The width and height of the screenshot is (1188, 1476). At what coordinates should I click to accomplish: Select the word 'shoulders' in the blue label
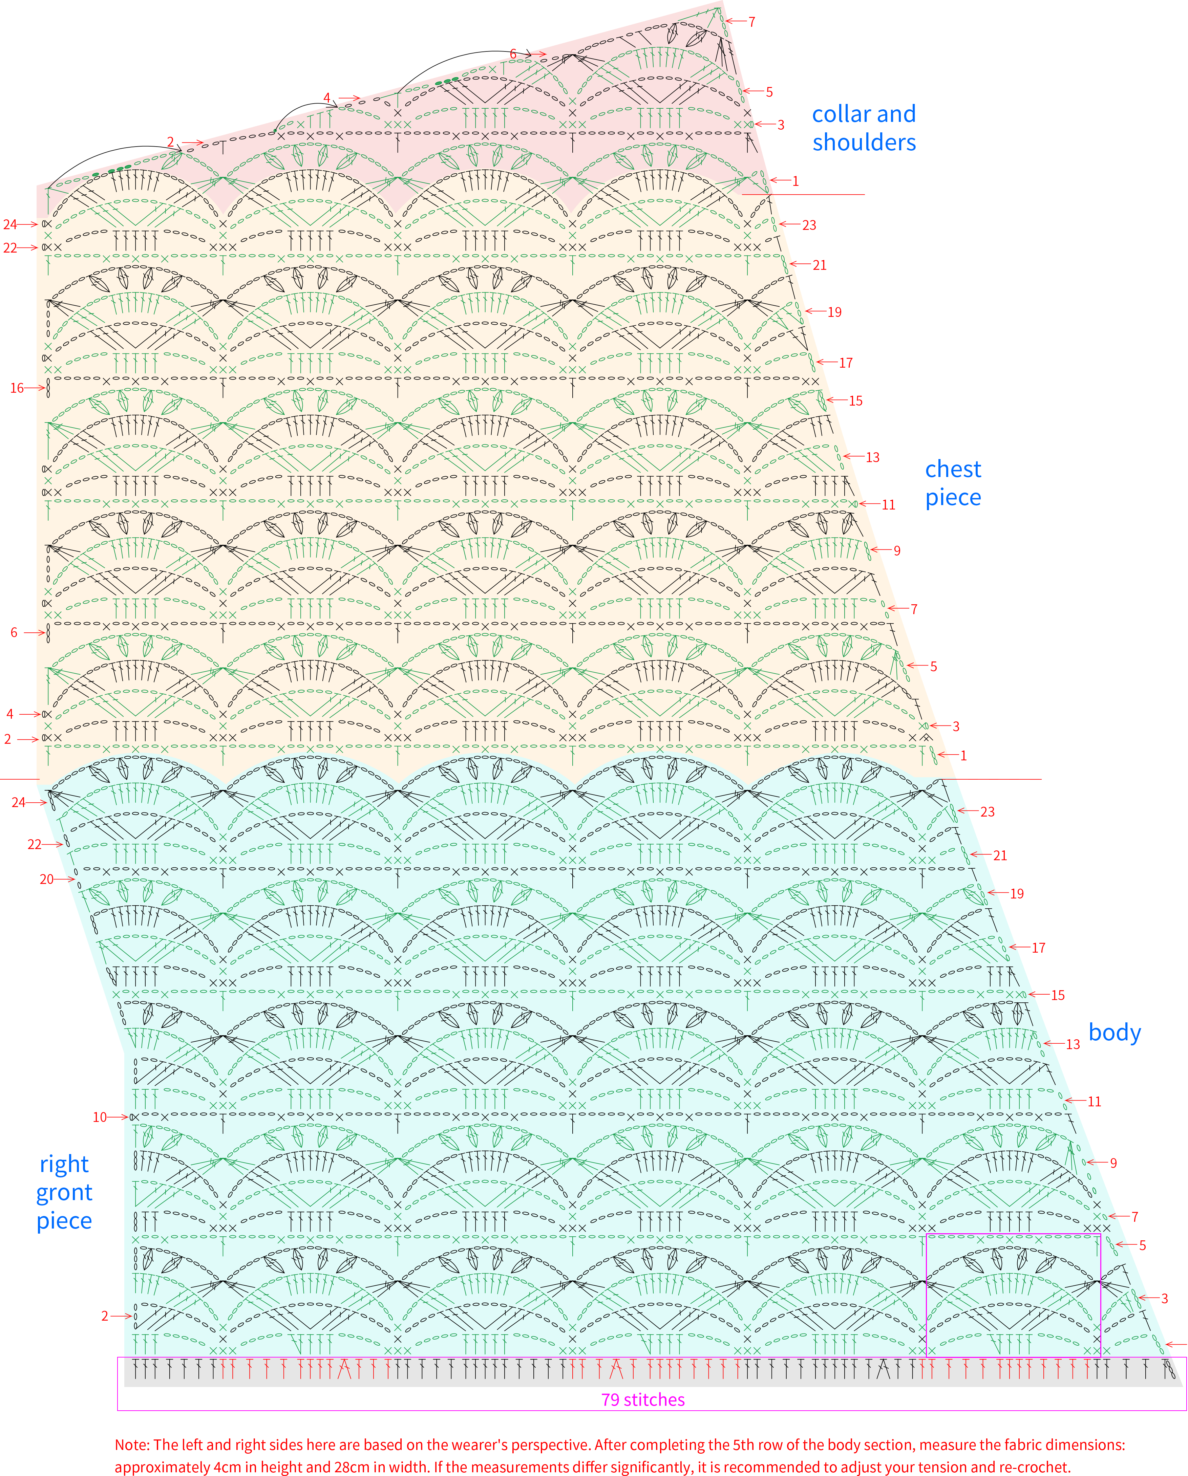[x=864, y=143]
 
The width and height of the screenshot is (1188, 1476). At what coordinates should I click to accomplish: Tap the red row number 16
[x=17, y=388]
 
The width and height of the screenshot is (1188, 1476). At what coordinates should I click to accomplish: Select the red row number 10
[x=100, y=1117]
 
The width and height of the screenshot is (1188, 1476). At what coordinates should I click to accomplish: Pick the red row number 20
[x=46, y=879]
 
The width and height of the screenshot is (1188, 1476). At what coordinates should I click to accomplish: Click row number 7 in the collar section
[x=751, y=22]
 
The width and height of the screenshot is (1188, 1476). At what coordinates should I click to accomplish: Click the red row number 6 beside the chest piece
[x=14, y=633]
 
